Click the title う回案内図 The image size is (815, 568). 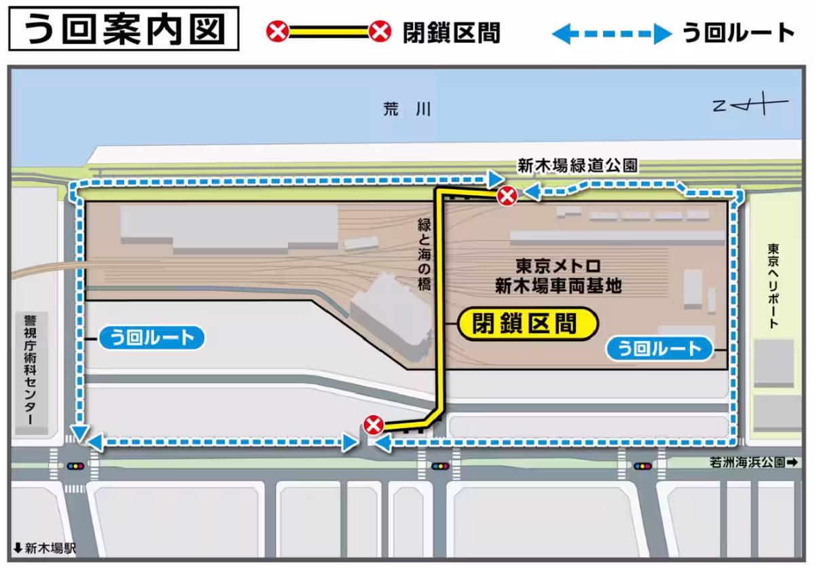point(124,30)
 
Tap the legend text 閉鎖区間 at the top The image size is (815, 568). point(451,32)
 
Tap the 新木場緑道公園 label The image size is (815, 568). point(577,165)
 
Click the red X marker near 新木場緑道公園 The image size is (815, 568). point(507,197)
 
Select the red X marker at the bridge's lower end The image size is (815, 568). point(374,425)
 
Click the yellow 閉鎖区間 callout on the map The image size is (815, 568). point(526,323)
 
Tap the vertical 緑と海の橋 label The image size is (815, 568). point(424,255)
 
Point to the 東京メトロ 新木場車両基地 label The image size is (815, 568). point(558,275)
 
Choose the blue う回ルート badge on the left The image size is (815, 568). point(151,337)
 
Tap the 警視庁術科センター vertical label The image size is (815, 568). point(29,370)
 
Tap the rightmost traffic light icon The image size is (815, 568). point(642,466)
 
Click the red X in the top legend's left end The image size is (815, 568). point(277,32)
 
